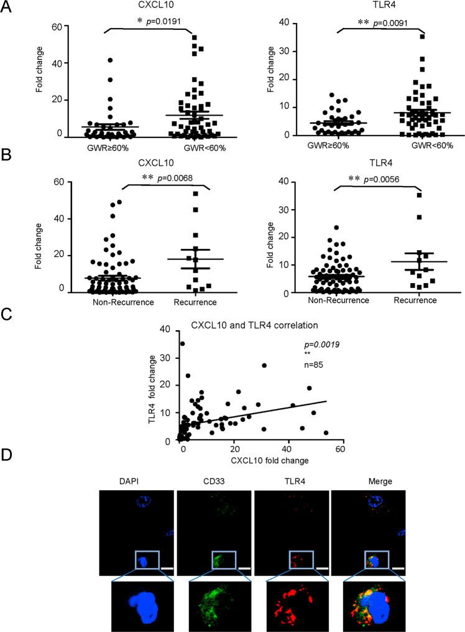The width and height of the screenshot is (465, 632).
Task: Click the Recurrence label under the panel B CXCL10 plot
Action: [195, 303]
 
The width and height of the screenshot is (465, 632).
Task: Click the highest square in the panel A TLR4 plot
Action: [423, 37]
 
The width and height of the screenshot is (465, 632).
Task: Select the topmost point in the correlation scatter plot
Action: [182, 343]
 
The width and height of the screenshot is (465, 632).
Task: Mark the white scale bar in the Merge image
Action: [398, 567]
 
